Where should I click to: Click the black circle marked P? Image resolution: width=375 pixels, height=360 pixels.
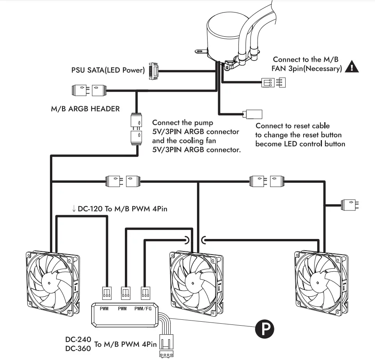click(x=265, y=329)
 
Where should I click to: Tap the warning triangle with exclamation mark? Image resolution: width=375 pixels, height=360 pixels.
click(x=352, y=67)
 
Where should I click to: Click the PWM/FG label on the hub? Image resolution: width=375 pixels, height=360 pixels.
click(x=143, y=308)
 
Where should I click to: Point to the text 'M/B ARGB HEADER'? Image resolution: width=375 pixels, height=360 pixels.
click(x=85, y=109)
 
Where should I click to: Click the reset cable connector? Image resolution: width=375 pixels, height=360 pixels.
click(x=252, y=114)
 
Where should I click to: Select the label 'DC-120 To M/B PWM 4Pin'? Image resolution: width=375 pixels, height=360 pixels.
click(x=120, y=209)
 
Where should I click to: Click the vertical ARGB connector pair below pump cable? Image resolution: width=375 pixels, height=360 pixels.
click(x=136, y=128)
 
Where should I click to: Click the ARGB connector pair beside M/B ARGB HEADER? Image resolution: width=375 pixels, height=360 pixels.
click(x=89, y=91)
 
